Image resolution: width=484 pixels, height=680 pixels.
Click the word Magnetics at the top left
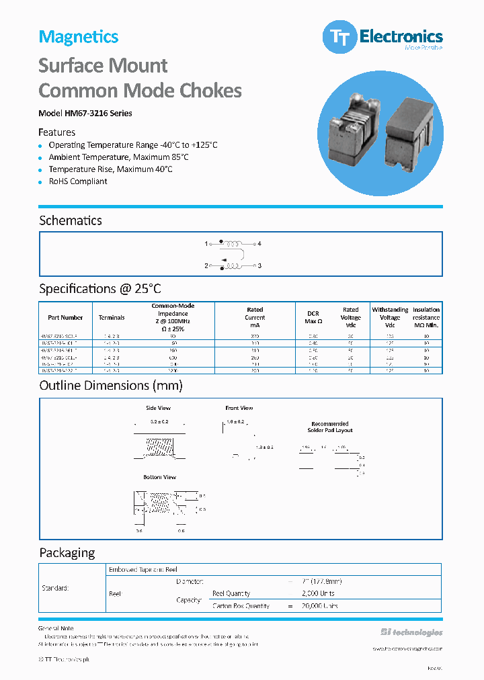[79, 37]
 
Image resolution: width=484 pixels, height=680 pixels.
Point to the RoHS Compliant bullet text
[78, 181]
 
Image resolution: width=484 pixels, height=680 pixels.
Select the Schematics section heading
[71, 220]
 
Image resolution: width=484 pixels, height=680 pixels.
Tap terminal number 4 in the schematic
[259, 244]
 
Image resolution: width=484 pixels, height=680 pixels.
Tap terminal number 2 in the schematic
[206, 266]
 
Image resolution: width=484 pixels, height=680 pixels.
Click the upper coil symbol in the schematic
[233, 243]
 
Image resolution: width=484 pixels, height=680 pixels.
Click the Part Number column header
[65, 318]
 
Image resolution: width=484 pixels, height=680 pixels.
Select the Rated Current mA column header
[255, 317]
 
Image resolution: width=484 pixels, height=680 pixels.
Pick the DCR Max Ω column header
[314, 317]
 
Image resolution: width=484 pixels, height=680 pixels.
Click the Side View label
[159, 408]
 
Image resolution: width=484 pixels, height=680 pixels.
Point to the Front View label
[239, 408]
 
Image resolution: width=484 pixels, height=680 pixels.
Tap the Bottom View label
[159, 477]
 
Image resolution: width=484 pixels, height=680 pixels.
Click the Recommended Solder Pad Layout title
[330, 427]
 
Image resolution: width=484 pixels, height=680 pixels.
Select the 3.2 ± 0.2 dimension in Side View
[159, 422]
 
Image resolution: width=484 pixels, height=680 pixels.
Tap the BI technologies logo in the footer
[411, 632]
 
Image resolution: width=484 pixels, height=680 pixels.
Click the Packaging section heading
[67, 552]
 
